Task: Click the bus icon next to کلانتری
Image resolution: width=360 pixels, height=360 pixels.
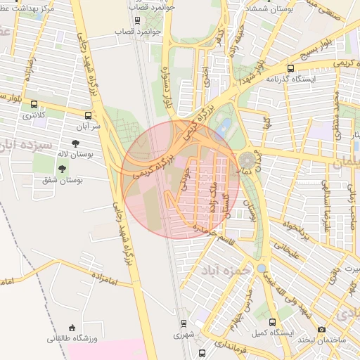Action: click(x=34, y=104)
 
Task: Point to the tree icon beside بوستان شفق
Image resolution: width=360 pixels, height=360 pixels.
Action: click(x=63, y=169)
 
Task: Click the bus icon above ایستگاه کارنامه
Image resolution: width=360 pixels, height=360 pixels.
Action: click(x=290, y=68)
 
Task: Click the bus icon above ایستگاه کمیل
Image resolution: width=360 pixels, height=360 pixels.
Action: click(x=272, y=323)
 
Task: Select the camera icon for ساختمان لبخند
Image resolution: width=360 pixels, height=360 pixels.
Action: click(x=321, y=329)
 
